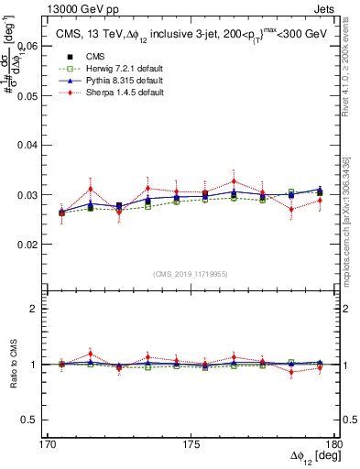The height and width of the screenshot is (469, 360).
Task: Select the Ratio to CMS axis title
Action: (12, 366)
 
